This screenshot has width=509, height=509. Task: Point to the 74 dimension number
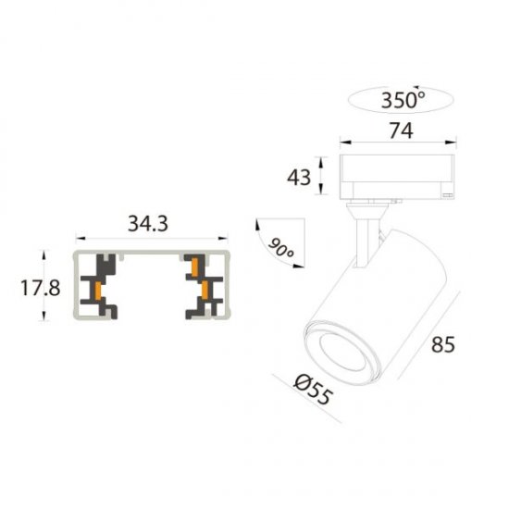coord(400,131)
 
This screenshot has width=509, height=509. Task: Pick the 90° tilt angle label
coord(279,247)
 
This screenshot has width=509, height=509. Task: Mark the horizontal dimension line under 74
coord(400,144)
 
